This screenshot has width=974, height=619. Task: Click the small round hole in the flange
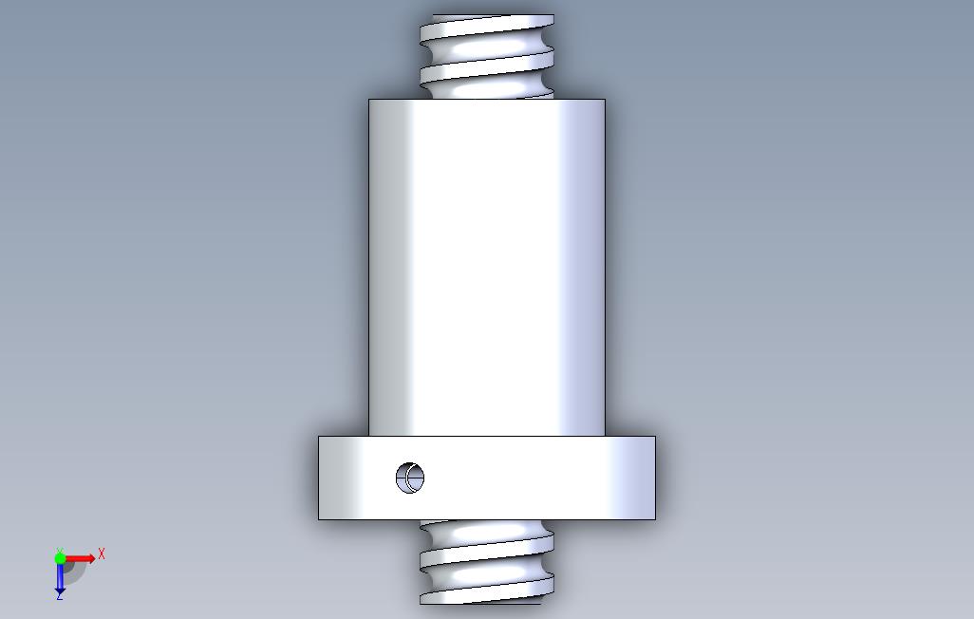tap(410, 478)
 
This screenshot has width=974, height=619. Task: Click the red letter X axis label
tap(102, 553)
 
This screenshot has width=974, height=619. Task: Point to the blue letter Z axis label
tap(60, 595)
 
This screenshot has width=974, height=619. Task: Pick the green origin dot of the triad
tap(60, 558)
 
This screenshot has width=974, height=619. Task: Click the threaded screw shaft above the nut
tap(487, 57)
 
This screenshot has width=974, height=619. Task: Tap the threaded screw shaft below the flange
tap(487, 562)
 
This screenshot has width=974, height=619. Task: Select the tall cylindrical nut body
tap(487, 267)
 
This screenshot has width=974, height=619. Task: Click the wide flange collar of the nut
tap(487, 478)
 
